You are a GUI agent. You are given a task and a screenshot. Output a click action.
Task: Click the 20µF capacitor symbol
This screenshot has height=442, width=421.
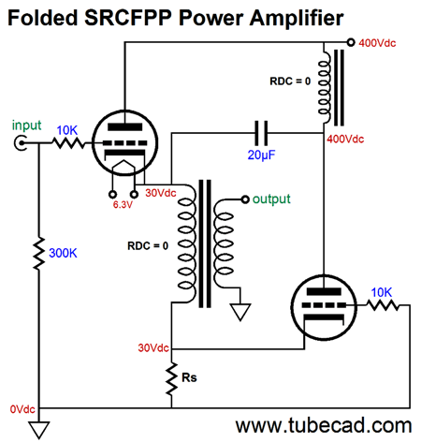point(261,133)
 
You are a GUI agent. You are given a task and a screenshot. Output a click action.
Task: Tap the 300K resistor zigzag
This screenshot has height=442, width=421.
point(39,253)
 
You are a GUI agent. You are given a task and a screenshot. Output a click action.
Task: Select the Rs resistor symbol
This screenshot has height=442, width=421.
point(171,378)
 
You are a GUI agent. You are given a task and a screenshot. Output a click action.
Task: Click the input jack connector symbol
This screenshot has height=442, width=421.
point(21,143)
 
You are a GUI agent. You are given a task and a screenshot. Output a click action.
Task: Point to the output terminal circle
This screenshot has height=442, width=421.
point(245,199)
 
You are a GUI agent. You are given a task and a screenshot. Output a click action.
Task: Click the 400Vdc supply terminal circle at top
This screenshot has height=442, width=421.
point(351,42)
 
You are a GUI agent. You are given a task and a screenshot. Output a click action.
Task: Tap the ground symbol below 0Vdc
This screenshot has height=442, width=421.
point(39,430)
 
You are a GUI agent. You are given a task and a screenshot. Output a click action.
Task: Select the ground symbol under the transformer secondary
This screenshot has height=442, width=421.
point(240,312)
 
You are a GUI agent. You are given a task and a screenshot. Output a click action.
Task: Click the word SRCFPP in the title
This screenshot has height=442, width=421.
point(128,18)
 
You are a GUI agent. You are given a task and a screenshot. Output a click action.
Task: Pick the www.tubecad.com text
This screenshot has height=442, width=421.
point(324,426)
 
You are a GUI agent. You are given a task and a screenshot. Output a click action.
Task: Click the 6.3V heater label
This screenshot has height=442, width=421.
point(123,205)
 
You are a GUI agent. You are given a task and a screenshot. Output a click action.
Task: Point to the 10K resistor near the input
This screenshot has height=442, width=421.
point(68,143)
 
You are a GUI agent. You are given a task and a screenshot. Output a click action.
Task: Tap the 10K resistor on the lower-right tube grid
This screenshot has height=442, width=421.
point(383,305)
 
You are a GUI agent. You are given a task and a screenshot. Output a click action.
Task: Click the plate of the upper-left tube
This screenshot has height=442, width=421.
point(124,127)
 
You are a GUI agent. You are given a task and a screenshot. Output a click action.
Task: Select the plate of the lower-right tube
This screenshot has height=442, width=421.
point(324,292)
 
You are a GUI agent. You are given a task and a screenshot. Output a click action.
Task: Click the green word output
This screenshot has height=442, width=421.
point(271,199)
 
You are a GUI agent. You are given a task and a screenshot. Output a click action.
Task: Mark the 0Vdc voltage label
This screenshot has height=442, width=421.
point(22,409)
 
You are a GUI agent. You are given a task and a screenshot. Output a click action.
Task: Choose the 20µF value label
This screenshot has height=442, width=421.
point(261,155)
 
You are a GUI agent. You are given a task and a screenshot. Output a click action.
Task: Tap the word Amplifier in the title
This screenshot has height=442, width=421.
point(297,18)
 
